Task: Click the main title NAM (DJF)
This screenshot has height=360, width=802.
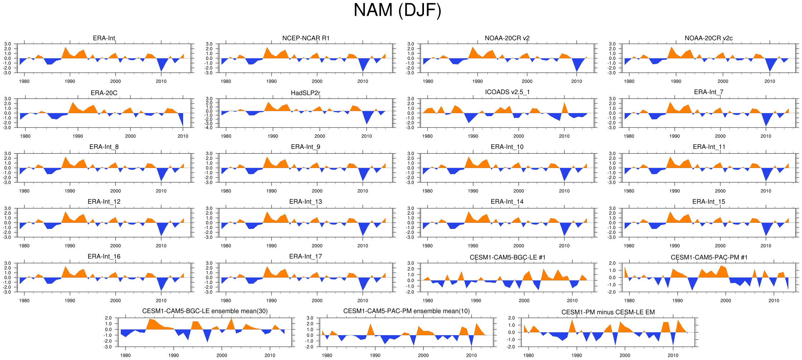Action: point(397,10)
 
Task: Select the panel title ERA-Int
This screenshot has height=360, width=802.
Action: point(104,38)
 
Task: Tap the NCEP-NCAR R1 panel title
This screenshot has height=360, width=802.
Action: point(306,38)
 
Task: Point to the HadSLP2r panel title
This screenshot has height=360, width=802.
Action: point(305,93)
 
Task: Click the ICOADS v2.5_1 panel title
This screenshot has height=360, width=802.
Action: point(507,92)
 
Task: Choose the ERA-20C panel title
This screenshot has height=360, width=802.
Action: point(104,93)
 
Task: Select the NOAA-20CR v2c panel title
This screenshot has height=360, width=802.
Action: point(708,38)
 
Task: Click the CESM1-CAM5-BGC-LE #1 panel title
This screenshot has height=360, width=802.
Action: point(507,258)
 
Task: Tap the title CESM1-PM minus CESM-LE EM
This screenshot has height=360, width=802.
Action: point(608,312)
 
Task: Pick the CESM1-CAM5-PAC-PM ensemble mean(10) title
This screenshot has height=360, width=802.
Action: point(406,311)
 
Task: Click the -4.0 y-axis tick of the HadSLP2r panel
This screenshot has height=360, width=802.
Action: point(209,128)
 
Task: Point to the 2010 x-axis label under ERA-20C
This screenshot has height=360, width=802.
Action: point(183,136)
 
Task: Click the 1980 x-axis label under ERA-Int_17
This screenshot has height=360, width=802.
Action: point(226,301)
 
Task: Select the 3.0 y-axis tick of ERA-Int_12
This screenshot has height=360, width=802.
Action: point(8,208)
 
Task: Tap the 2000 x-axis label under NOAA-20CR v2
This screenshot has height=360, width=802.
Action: point(527,81)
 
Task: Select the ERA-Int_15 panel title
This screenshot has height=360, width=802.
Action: point(708,202)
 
